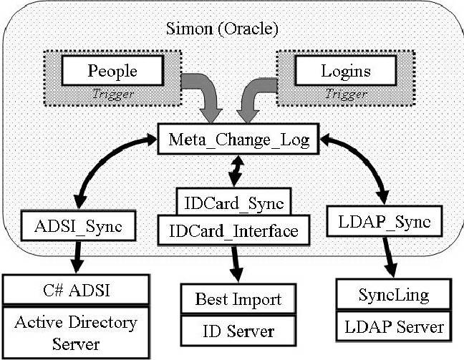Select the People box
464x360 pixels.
coord(112,71)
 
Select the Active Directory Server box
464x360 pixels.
coord(75,331)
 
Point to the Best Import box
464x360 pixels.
coord(238,298)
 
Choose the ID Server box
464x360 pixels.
coord(238,331)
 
